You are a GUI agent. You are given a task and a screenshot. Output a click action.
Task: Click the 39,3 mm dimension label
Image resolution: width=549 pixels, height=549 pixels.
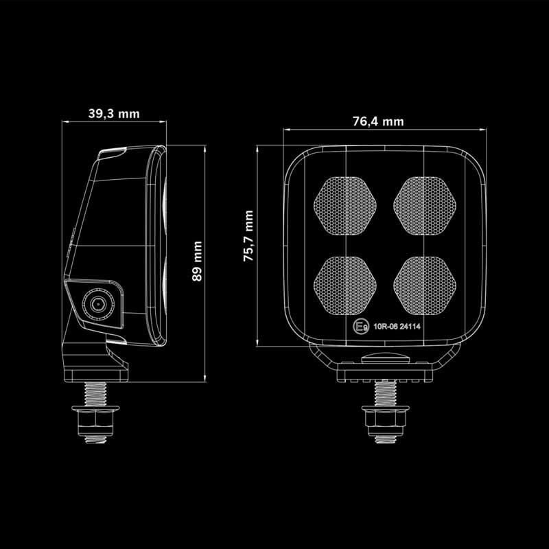click(114, 114)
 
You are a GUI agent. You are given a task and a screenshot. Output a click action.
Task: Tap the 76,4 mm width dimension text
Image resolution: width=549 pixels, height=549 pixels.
click(378, 121)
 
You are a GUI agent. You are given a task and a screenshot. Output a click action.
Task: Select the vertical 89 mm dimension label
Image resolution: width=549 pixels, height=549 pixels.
click(198, 261)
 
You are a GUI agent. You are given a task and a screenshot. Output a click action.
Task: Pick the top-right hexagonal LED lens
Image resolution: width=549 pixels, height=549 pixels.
click(425, 200)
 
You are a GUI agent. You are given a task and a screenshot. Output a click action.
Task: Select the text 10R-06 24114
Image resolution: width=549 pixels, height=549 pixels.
click(397, 327)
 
